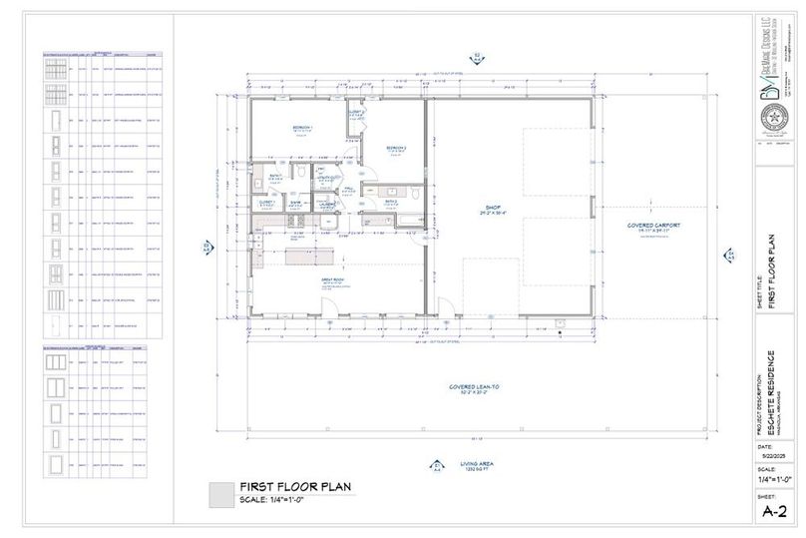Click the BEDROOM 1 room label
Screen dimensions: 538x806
302,129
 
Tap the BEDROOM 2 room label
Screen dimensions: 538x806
397,149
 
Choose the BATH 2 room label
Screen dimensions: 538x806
392,201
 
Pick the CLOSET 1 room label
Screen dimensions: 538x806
265,203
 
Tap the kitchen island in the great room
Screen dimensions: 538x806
307,257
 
